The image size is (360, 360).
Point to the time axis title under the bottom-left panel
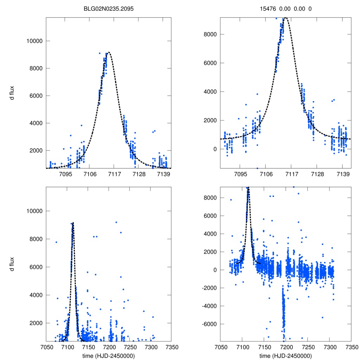click(109, 356)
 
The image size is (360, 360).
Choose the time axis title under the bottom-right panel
click(285, 356)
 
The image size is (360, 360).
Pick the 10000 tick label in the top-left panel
click(34, 41)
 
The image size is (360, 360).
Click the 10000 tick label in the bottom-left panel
click(34, 211)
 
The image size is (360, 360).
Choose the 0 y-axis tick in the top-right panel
click(214, 149)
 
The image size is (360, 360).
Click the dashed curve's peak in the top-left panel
click(109, 52)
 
